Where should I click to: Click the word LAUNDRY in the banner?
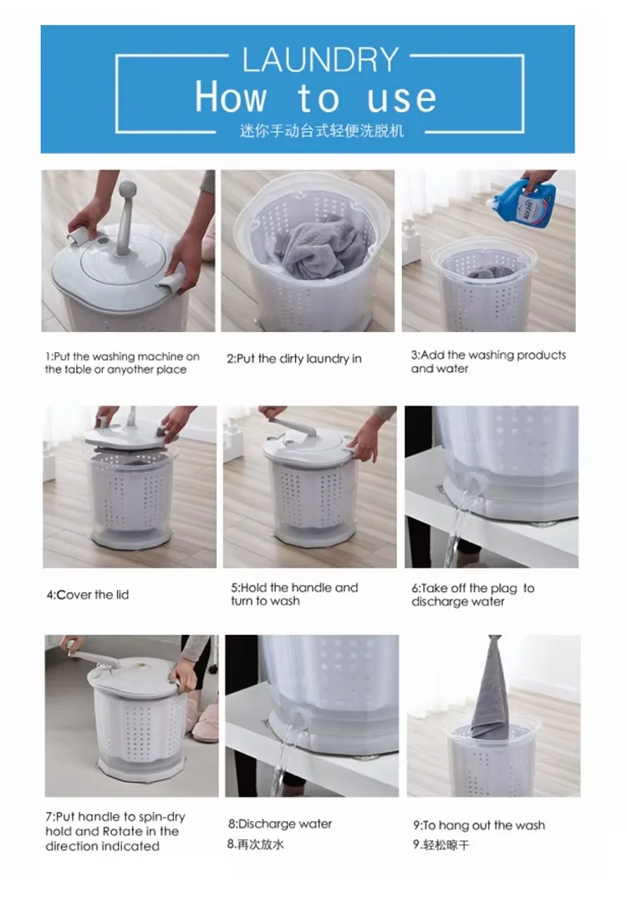coord(320,59)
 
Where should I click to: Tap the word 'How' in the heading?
coord(231,97)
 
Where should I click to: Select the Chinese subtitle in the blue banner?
coord(322,131)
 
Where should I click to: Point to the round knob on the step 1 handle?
coord(126,191)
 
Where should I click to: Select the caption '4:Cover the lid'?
coord(88,595)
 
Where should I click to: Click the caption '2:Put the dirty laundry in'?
coord(294,359)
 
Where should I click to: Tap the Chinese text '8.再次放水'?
coord(255,844)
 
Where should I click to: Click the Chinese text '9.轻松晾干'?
coord(441,844)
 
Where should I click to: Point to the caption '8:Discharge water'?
coord(280,824)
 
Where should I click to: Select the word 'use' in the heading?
coord(401,98)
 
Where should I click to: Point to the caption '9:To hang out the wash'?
coord(479,826)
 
